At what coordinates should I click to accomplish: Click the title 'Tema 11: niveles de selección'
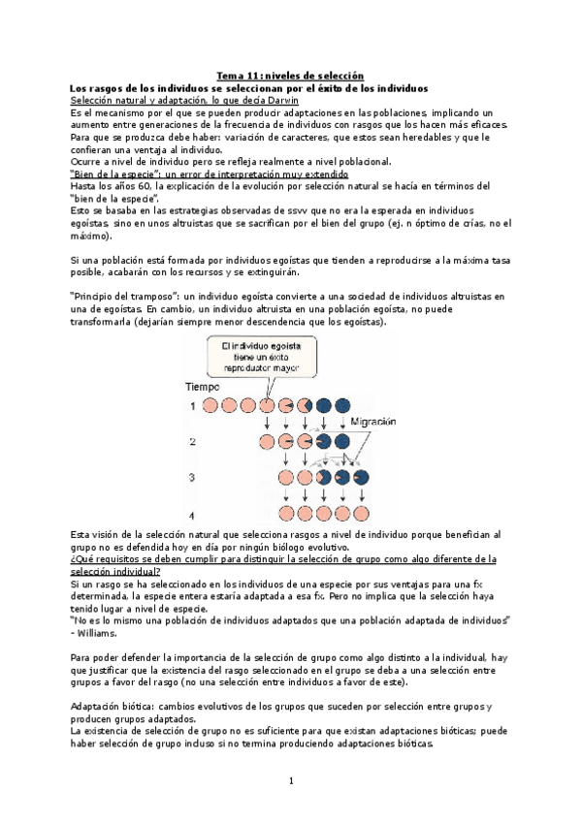click(290, 75)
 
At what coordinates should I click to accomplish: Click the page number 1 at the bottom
click(290, 780)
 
